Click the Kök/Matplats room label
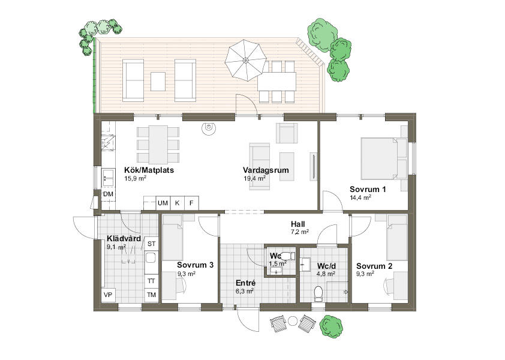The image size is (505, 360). (149, 170)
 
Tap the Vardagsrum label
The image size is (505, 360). (266, 170)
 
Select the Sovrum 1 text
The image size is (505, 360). (368, 189)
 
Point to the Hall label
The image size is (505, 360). (298, 224)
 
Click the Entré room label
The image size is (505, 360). (246, 283)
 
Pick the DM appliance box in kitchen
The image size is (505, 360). (108, 194)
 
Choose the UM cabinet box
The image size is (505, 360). (163, 203)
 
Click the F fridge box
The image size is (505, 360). (191, 203)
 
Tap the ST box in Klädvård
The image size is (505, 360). (151, 244)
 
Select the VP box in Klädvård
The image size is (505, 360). (108, 295)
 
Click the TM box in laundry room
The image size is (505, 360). (151, 295)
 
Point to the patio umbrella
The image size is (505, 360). (246, 60)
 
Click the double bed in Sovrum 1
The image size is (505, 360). (384, 158)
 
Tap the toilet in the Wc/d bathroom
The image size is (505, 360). (318, 294)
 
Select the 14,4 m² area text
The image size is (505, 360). (360, 197)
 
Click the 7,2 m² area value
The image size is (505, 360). (300, 232)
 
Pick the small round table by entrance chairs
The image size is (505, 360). (293, 321)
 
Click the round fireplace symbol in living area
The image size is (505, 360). (208, 128)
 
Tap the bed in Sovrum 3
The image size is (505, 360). (173, 238)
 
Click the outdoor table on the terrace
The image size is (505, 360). (276, 82)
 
